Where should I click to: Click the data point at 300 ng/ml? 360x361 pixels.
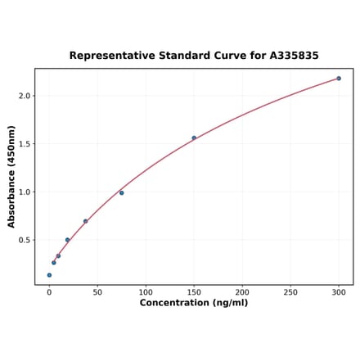click(339, 79)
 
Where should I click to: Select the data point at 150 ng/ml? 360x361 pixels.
click(194, 138)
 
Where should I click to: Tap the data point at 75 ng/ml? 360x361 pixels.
click(122, 192)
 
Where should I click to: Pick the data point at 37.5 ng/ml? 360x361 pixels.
click(85, 221)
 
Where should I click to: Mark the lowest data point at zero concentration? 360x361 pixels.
click(49, 275)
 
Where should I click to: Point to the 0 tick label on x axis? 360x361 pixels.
click(49, 291)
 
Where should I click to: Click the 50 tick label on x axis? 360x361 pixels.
click(97, 291)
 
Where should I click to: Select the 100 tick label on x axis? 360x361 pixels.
click(146, 291)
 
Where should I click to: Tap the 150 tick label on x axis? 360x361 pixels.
click(194, 291)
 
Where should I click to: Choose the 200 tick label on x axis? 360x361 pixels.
click(242, 291)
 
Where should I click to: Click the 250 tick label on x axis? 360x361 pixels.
click(290, 291)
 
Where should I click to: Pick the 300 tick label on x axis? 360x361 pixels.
click(339, 291)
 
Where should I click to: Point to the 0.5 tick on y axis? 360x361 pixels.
click(25, 240)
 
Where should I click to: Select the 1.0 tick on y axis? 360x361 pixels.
click(25, 192)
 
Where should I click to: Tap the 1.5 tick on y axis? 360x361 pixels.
click(25, 144)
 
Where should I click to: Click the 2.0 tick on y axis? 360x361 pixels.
click(25, 96)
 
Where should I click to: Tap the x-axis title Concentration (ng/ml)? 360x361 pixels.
click(194, 303)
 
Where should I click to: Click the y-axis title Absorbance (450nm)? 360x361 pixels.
click(11, 177)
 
